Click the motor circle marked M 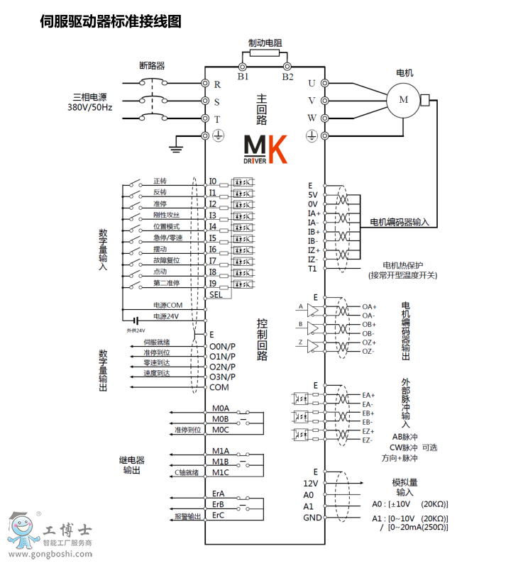pyautogui.click(x=404, y=99)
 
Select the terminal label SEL pyautogui.click(x=216, y=294)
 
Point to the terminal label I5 pyautogui.click(x=212, y=238)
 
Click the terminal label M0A pyautogui.click(x=221, y=409)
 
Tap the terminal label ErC pyautogui.click(x=219, y=516)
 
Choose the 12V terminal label pyautogui.click(x=309, y=483)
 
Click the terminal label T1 pyautogui.click(x=312, y=269)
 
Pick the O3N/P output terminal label pyautogui.click(x=222, y=377)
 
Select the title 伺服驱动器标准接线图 pyautogui.click(x=111, y=21)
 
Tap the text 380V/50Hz pyautogui.click(x=89, y=107)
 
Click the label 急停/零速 pyautogui.click(x=167, y=238)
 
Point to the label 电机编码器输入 pyautogui.click(x=400, y=222)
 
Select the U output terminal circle pyautogui.click(x=324, y=83)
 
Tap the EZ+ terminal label pyautogui.click(x=368, y=431)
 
